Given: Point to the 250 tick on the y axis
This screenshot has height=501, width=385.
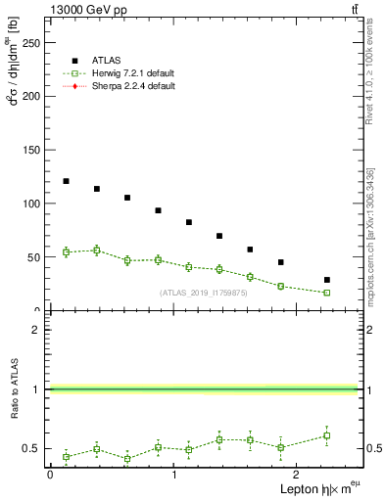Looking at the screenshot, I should tap(33, 42).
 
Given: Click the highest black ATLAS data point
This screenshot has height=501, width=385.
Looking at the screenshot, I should tap(66, 181).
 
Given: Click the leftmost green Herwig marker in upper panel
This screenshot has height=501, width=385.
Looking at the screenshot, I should tap(66, 252).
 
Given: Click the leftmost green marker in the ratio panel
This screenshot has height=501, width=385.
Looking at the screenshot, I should tap(66, 457).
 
